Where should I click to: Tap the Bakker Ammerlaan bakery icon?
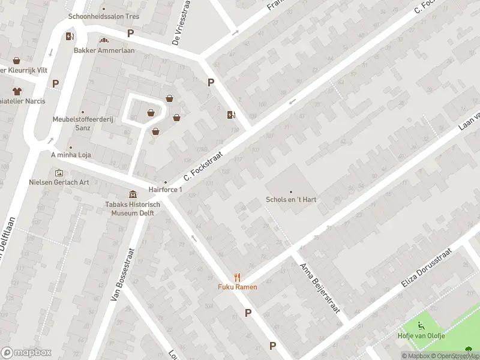104,41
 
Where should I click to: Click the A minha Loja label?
70,154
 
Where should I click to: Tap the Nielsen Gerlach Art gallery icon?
59,173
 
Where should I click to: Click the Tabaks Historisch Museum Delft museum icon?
133,194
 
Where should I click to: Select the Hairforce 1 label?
165,190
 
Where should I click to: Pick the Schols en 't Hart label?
291,200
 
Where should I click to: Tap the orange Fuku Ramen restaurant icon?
238,277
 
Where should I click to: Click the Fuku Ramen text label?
238,287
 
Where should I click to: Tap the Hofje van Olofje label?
421,336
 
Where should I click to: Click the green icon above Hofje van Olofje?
421,326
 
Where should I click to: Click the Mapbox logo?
26,353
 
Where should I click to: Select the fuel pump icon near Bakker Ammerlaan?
70,36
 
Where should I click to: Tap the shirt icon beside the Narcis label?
16,91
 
